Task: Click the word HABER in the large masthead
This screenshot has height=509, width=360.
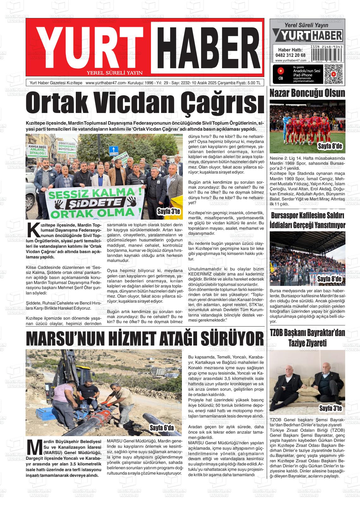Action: [x=207, y=47]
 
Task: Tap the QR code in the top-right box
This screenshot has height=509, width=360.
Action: [x=333, y=74]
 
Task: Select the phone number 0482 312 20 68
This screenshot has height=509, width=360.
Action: [x=291, y=55]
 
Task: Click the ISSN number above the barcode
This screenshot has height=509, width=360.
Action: [x=327, y=47]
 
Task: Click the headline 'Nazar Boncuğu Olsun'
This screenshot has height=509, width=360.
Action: [x=307, y=93]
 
